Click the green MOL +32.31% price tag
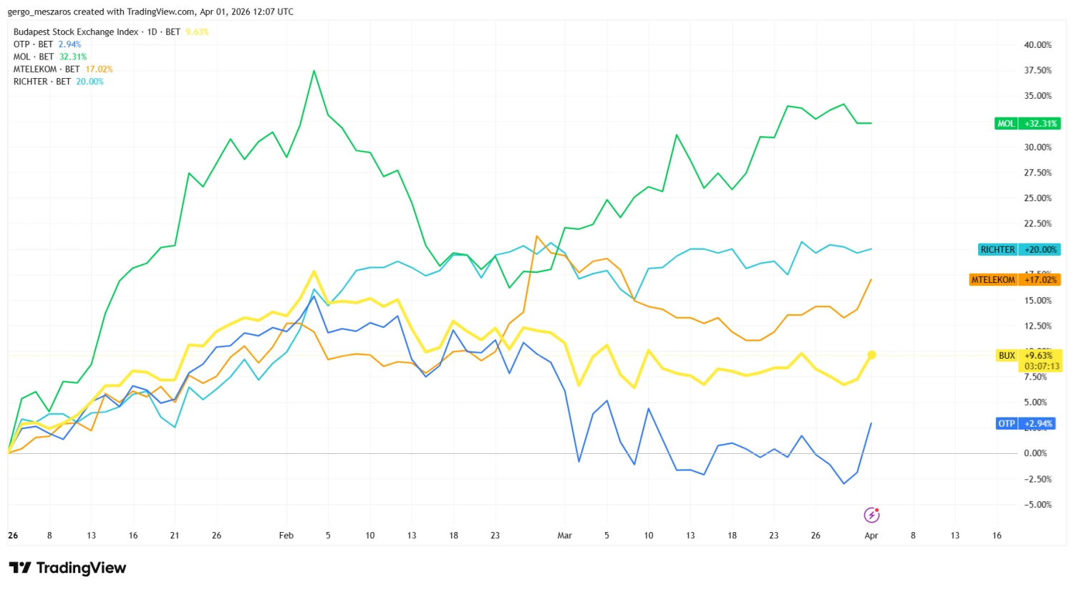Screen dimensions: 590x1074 [1027, 123]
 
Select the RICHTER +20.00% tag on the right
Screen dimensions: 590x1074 [1020, 249]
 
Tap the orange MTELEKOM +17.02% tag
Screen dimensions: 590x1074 [1015, 279]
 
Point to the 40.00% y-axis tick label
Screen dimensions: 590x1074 [1037, 45]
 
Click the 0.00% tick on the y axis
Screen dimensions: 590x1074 [1035, 453]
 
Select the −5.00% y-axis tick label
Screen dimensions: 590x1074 [1037, 505]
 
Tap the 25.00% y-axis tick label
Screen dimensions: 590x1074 [1037, 198]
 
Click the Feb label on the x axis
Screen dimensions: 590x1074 [286, 536]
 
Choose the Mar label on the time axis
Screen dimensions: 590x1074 [565, 536]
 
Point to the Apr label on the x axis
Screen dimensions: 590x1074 [871, 536]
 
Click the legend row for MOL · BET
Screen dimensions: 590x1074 [49, 57]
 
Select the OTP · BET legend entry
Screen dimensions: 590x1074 [47, 44]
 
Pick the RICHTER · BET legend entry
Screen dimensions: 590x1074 [58, 82]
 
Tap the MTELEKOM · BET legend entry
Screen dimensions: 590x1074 [62, 69]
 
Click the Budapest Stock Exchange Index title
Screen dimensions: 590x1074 [76, 32]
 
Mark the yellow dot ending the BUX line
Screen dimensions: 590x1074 [871, 354]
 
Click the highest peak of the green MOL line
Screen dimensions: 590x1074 [314, 71]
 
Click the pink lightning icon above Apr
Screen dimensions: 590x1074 [871, 515]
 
